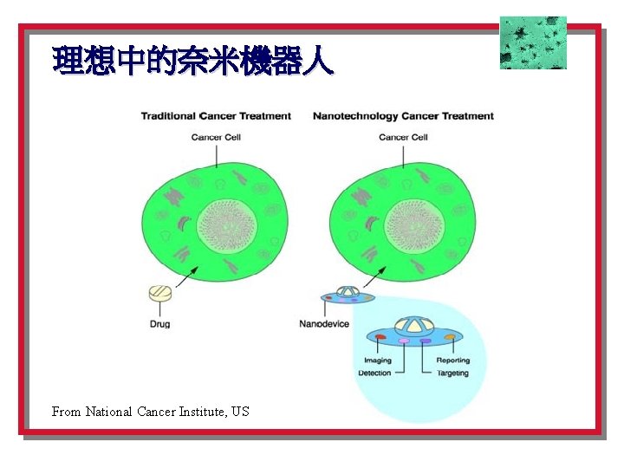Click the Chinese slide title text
click(192, 62)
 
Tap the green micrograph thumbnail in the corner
click(533, 42)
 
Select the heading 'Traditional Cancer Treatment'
click(216, 116)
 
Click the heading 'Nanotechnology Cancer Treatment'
click(403, 116)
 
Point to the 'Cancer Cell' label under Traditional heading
click(216, 137)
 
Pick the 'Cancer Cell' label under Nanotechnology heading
click(404, 137)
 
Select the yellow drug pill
click(160, 294)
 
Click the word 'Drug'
click(159, 324)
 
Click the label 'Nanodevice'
click(324, 324)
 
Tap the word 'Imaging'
click(378, 361)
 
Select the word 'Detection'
click(374, 374)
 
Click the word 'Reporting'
click(452, 361)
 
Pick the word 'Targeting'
click(452, 374)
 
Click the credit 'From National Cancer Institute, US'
click(151, 412)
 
